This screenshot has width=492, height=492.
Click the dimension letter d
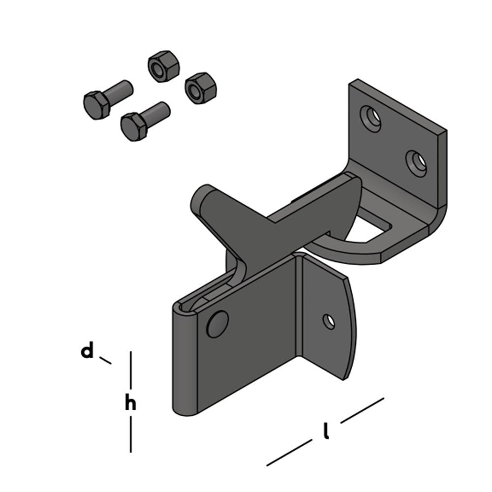(87, 351)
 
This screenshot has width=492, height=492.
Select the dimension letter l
(326, 431)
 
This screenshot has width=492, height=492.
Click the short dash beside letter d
(105, 360)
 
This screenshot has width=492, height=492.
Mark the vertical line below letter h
(131, 434)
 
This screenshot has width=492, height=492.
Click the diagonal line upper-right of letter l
(362, 410)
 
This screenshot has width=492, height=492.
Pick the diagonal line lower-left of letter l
(289, 453)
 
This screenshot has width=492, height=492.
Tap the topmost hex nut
(164, 66)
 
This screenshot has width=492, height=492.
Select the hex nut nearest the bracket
(201, 88)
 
